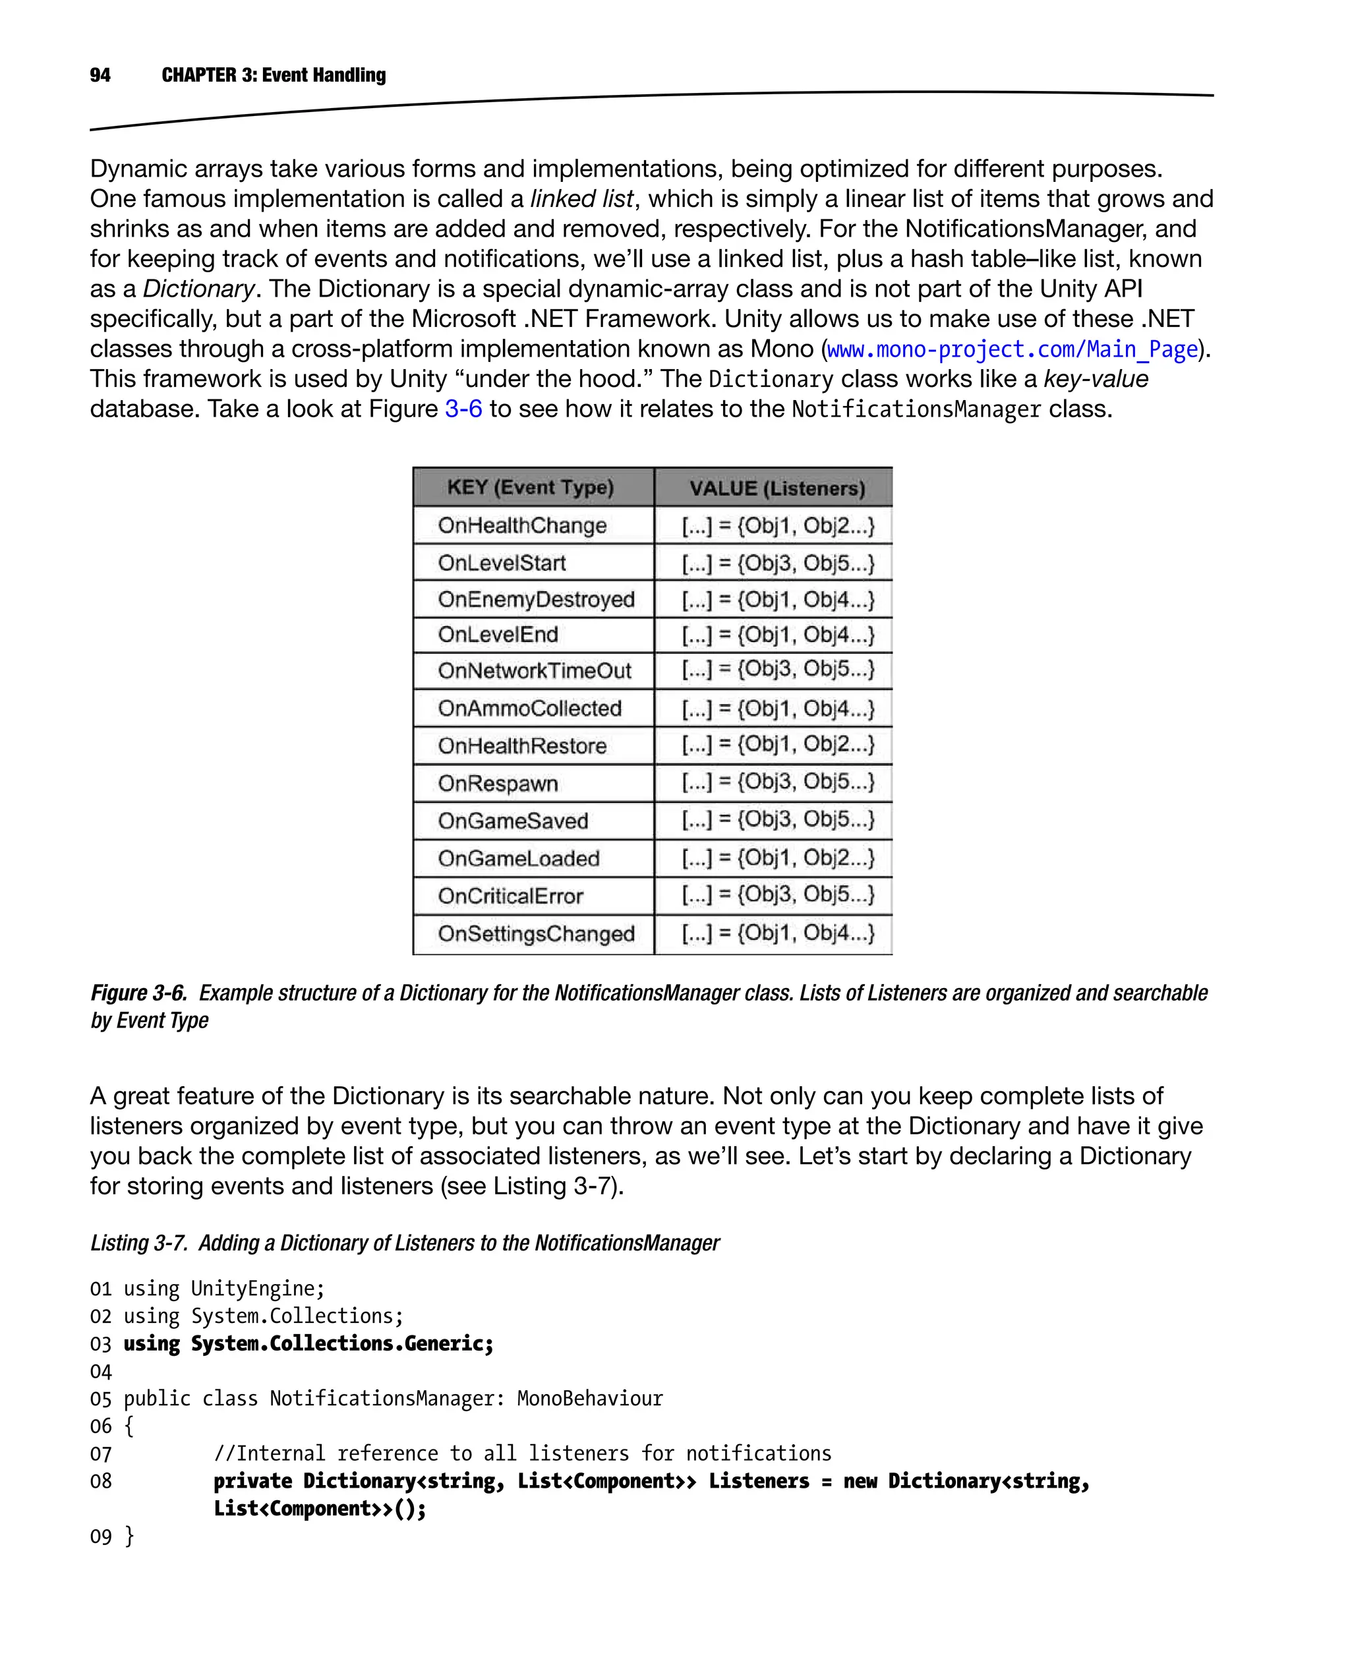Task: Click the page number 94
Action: tap(100, 74)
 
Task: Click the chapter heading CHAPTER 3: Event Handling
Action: tap(273, 74)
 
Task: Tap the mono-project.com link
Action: tap(1011, 349)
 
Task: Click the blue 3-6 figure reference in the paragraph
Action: tap(463, 409)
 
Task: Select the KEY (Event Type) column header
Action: tap(531, 488)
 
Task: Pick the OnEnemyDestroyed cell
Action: tap(536, 600)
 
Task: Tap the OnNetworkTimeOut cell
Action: tap(534, 670)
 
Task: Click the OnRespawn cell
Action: tap(498, 783)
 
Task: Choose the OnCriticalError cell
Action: tap(510, 896)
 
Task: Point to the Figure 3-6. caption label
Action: tap(138, 993)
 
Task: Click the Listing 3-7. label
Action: tap(138, 1242)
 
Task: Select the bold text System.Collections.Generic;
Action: tap(342, 1344)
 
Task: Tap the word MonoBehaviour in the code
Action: tap(589, 1398)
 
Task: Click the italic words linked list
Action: tap(581, 199)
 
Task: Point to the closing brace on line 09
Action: tap(129, 1536)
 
